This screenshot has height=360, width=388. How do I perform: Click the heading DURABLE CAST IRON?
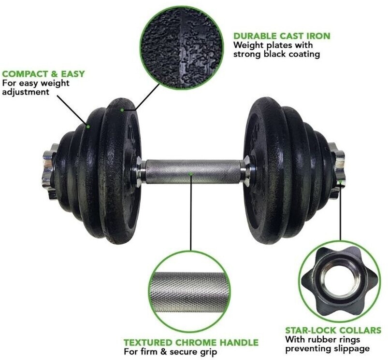(x=282, y=36)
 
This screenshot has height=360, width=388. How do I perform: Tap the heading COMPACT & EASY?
(x=43, y=74)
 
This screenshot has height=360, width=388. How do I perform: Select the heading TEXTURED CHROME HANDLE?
(x=191, y=343)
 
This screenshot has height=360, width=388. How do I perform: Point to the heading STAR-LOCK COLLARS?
(x=333, y=331)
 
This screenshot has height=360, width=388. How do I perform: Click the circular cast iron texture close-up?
(x=182, y=48)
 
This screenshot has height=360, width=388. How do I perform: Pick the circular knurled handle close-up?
(x=190, y=292)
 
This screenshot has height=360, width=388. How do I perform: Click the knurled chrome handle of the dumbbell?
(x=193, y=172)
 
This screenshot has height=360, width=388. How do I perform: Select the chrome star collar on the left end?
(x=50, y=171)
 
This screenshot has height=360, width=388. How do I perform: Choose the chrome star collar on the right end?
(x=337, y=170)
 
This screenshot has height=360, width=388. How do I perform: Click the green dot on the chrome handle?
(x=190, y=174)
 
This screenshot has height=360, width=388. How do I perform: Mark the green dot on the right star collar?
(x=341, y=182)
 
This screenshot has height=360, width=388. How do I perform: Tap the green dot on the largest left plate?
(x=122, y=110)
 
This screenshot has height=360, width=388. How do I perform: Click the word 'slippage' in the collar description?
(x=353, y=348)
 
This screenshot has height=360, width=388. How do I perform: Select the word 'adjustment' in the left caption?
(x=26, y=92)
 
